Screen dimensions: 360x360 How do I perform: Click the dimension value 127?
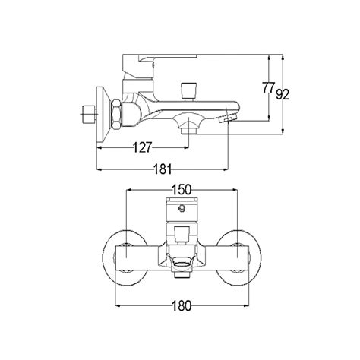(142, 147)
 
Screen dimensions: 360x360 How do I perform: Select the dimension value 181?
(163, 169)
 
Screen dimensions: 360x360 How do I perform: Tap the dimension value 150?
(182, 190)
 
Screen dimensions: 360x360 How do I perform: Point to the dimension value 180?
(182, 305)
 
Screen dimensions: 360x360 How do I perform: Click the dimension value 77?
(268, 87)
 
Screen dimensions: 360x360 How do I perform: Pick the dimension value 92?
(283, 94)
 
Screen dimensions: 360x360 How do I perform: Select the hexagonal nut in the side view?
(116, 115)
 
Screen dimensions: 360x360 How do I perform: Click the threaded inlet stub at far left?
(90, 114)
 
